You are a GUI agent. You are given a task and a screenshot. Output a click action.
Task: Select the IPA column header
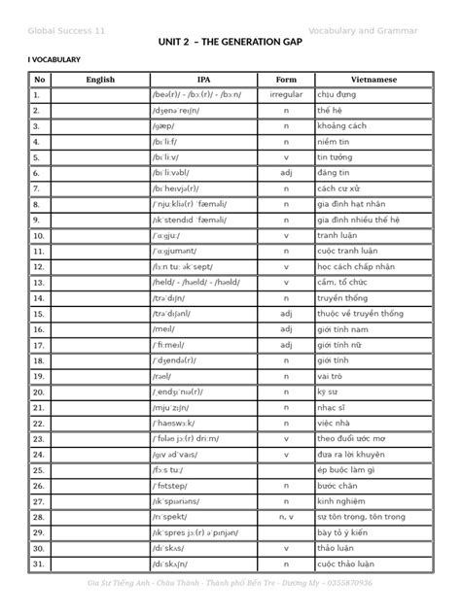coord(203,80)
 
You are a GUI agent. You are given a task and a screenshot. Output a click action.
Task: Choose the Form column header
coord(286,80)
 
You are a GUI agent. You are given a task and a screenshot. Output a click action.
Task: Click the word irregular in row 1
coord(286,95)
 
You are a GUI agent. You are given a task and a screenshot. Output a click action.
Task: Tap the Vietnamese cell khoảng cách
coord(342,126)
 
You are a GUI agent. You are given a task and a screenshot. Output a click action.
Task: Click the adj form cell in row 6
coord(286,173)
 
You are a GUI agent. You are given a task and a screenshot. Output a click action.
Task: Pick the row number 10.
coord(38,235)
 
